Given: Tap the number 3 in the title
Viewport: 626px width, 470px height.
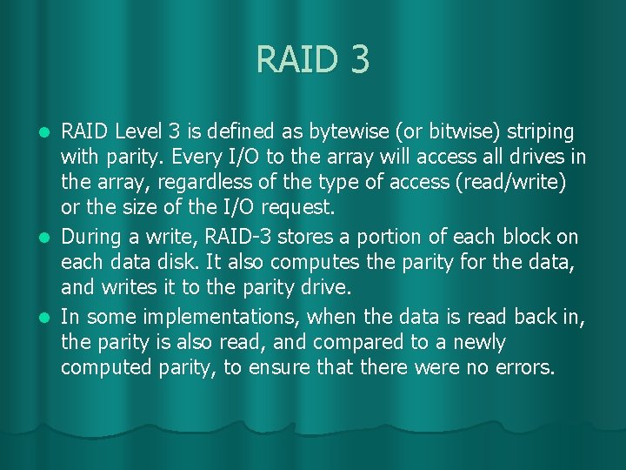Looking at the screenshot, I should [x=361, y=60].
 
